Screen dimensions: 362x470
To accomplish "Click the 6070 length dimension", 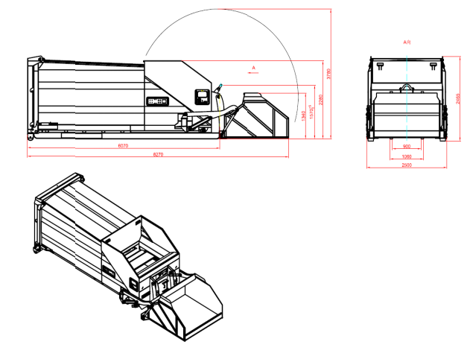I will [123, 146].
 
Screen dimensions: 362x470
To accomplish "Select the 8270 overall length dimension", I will [159, 154].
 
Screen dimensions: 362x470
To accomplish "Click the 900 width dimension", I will [407, 147].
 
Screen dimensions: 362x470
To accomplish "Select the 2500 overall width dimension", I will [407, 165].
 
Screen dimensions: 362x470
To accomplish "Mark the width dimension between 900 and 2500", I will [407, 156].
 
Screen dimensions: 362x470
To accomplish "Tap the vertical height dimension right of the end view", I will [455, 97].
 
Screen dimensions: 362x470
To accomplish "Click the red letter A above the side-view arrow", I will [253, 68].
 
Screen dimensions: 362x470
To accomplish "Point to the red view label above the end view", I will [407, 42].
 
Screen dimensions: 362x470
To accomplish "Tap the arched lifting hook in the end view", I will [407, 88].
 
